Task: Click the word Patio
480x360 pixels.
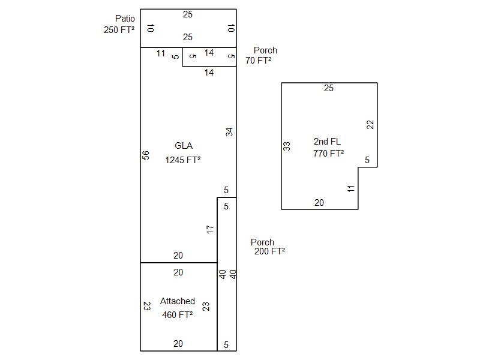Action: coord(125,19)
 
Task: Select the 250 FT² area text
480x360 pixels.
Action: coord(119,29)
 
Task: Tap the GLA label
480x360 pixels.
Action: coord(184,146)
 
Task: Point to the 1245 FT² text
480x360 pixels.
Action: coord(183,160)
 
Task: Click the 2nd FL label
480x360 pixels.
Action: coord(327,142)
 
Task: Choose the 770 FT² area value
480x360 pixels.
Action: coord(329,154)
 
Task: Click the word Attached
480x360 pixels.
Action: coord(178,301)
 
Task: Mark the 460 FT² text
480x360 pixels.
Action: coord(178,314)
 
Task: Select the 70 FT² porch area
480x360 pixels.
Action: coord(259,61)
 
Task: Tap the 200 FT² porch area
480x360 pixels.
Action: coord(269,251)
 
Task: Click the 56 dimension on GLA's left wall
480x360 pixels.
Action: coord(146,155)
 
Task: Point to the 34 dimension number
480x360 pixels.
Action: coord(229,132)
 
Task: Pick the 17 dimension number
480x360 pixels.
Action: coord(210,229)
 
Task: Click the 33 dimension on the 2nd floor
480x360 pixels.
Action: coord(287,146)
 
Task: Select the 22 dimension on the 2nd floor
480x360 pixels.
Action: coord(370,125)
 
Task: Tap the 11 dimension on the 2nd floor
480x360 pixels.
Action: coord(351,188)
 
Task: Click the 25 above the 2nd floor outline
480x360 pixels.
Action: coord(329,89)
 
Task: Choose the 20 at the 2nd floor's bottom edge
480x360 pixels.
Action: coord(319,203)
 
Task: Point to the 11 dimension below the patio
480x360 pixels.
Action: coord(161,53)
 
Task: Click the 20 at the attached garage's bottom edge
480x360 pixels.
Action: coord(178,344)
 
